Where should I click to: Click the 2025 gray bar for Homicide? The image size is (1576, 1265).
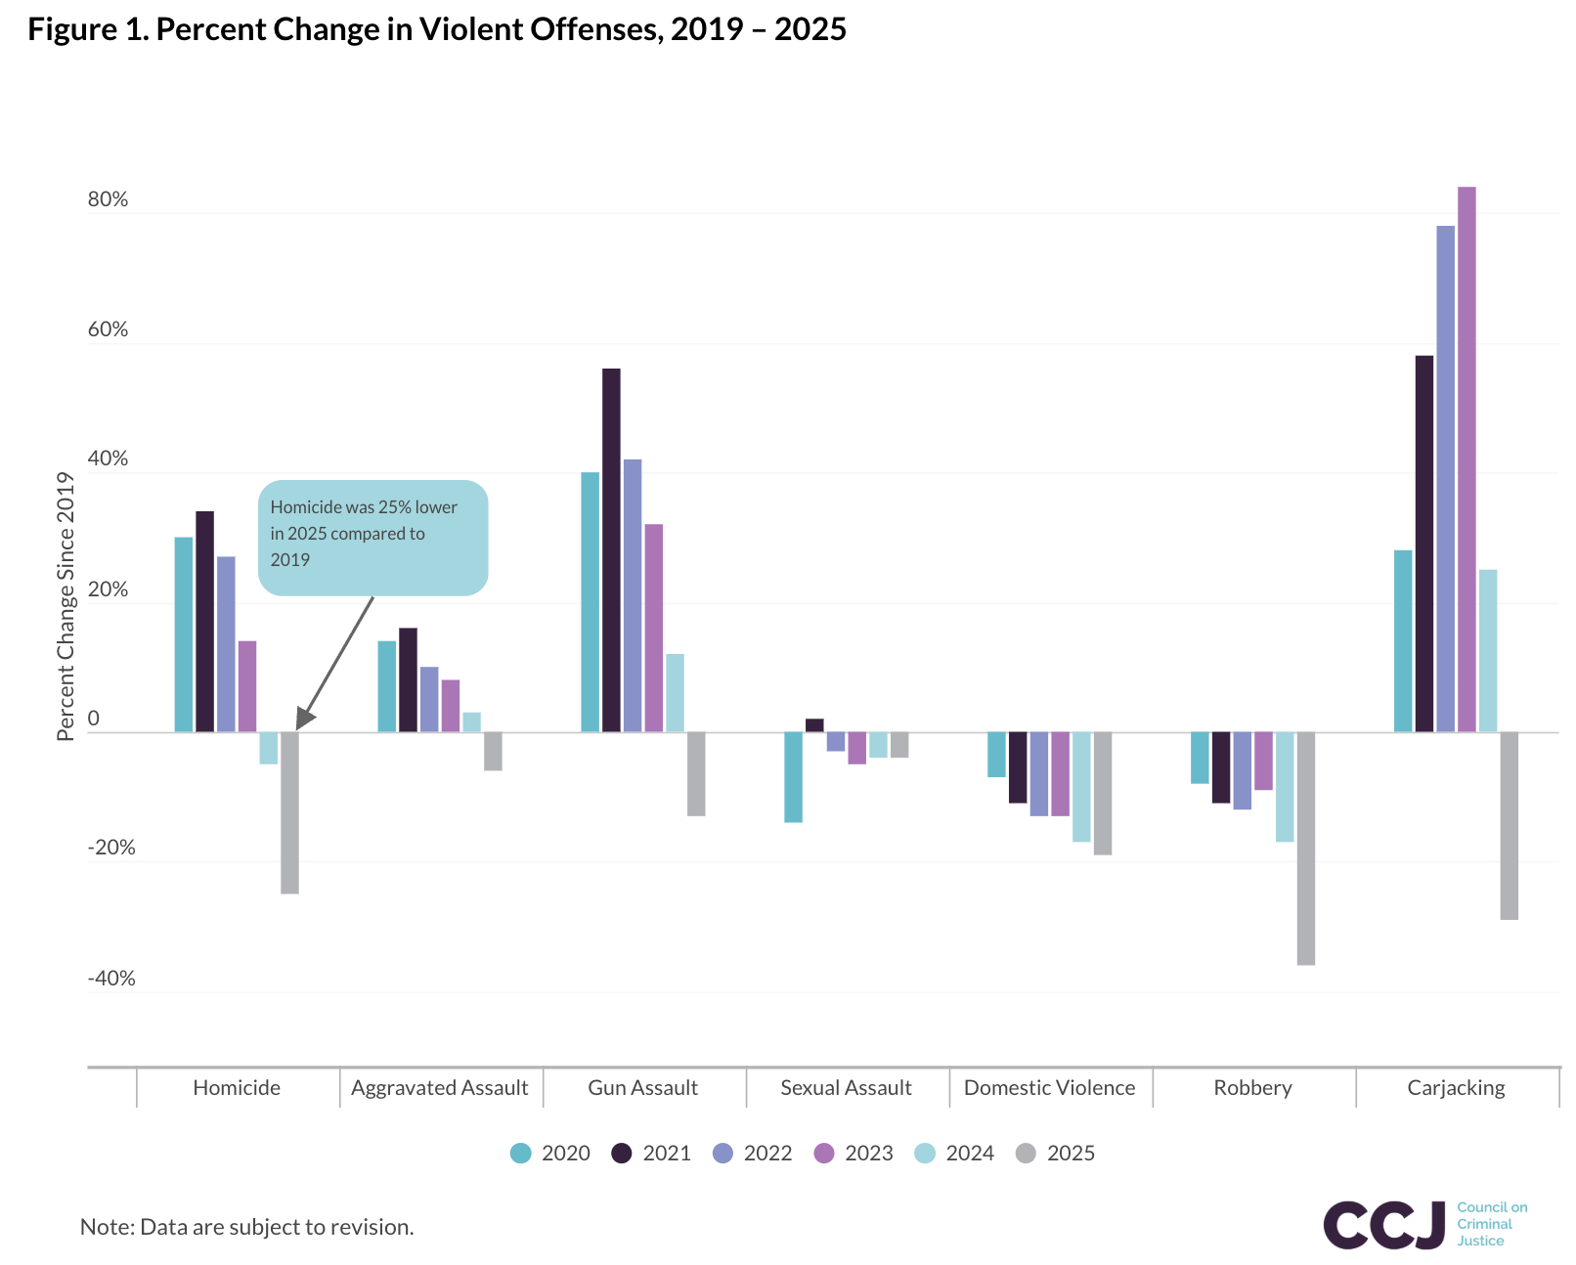[289, 812]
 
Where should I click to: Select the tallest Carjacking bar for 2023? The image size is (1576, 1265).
[1467, 459]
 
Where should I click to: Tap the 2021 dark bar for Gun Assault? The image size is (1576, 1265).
[611, 550]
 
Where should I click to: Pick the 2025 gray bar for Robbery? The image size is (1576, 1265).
[1306, 849]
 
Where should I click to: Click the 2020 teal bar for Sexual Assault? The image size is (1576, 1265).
[793, 777]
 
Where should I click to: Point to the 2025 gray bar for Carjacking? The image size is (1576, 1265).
[1509, 826]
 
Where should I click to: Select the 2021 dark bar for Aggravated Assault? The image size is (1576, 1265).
[408, 680]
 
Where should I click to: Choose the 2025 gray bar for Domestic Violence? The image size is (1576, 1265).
[1103, 794]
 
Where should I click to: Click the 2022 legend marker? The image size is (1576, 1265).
[722, 1154]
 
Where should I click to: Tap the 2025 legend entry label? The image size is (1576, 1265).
[1071, 1154]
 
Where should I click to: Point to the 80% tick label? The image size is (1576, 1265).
[108, 199]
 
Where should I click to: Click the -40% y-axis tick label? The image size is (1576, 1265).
[111, 979]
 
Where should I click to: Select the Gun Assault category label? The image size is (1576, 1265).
[642, 1088]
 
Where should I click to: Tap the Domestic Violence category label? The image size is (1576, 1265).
[1049, 1088]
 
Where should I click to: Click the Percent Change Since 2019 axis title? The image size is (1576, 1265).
[66, 606]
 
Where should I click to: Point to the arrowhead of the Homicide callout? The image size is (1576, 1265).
[304, 720]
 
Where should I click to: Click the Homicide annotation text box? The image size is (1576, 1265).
[372, 537]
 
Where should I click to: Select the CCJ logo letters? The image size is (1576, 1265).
[1383, 1225]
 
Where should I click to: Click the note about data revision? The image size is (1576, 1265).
[247, 1227]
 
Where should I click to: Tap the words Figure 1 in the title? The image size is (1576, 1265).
[87, 29]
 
